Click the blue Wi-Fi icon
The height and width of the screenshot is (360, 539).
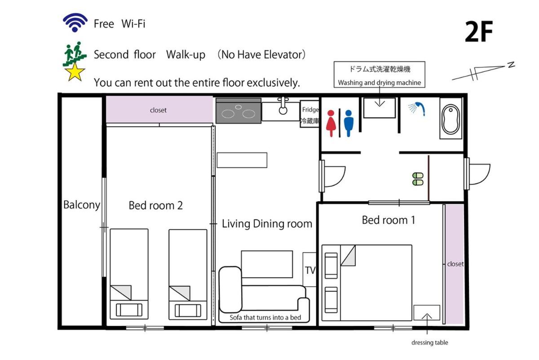[x=75, y=22]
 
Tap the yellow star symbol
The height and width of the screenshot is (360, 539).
[x=75, y=72]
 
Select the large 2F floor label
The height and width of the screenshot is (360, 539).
[x=479, y=31]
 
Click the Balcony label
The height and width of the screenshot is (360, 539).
[x=82, y=205]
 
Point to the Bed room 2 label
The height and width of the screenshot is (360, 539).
[x=156, y=205]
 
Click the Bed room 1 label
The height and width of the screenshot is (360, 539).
[x=389, y=220]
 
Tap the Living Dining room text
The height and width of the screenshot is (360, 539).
[x=267, y=224]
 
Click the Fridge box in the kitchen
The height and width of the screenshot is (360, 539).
[x=309, y=114]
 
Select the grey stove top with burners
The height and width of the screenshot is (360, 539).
[x=238, y=111]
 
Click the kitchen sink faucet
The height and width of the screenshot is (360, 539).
[x=283, y=106]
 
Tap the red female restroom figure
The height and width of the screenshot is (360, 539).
[x=331, y=123]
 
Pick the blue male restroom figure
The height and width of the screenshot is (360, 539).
[x=349, y=123]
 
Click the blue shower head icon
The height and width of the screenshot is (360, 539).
[x=417, y=109]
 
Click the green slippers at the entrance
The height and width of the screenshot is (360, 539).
[x=418, y=179]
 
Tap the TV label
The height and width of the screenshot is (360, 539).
[x=310, y=270]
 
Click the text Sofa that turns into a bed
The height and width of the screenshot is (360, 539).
[x=265, y=317]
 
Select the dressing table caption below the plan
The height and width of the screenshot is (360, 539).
[x=430, y=342]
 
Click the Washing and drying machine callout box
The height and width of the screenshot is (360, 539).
[x=379, y=75]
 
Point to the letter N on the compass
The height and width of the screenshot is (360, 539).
[x=511, y=65]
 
